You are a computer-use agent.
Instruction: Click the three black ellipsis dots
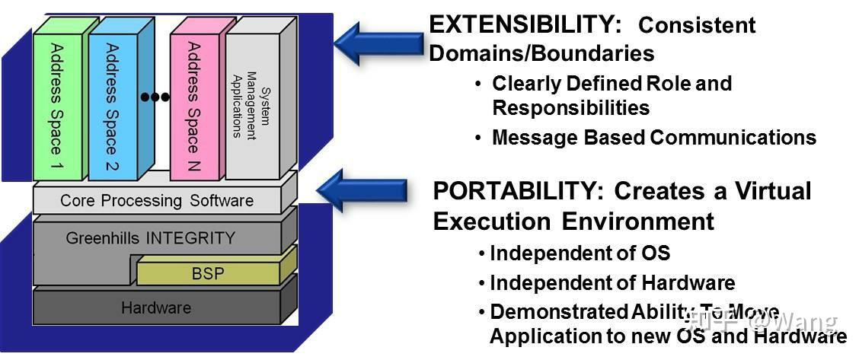point(155,97)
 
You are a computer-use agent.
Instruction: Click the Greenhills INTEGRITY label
point(150,238)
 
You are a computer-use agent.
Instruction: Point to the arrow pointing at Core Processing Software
point(362,190)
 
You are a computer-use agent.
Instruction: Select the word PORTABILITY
point(515,192)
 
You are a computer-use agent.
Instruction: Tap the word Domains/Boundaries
point(541,53)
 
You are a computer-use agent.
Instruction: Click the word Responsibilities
point(571,108)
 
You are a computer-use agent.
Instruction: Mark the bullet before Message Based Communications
point(479,137)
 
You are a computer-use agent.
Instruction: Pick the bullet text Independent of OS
point(580,253)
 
